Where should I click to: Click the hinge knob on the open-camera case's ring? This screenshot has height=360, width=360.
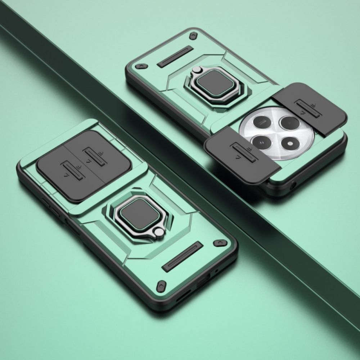coord(197,70)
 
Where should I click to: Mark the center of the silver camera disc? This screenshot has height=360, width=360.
coord(276,132)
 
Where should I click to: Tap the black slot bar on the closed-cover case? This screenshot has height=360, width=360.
coord(183,257)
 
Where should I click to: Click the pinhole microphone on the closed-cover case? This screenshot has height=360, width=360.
coord(216,271)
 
